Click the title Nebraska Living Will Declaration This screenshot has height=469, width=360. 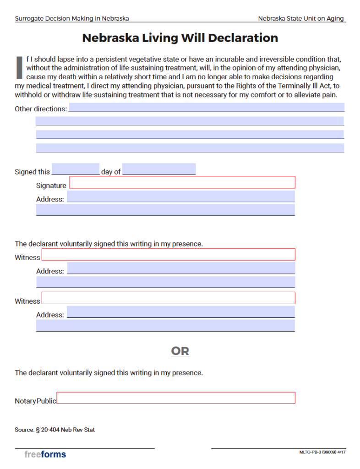coord(180,38)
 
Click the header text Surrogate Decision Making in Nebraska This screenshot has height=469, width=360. coord(72,18)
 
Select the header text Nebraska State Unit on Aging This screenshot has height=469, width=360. coord(301,18)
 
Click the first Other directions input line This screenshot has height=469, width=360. coord(207,108)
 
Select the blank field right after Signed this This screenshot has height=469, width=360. coord(76,169)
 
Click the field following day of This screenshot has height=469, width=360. coord(159,169)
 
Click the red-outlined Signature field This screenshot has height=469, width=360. coord(182,182)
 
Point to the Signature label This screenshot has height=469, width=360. coord(51,185)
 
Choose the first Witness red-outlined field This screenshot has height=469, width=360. coord(169,254)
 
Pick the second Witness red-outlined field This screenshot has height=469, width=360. coord(169,298)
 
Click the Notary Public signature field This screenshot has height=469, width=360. coord(176,398)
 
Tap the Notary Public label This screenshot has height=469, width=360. coord(35,401)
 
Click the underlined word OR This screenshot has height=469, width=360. coord(180,351)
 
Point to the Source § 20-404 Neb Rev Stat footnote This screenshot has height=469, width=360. coord(55,430)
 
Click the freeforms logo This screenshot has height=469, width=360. coord(45,454)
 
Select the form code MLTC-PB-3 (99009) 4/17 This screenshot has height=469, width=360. coord(322,452)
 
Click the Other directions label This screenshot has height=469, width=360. coord(41,109)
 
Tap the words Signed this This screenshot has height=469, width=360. coord(32,172)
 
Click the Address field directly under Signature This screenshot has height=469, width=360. coord(181,196)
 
